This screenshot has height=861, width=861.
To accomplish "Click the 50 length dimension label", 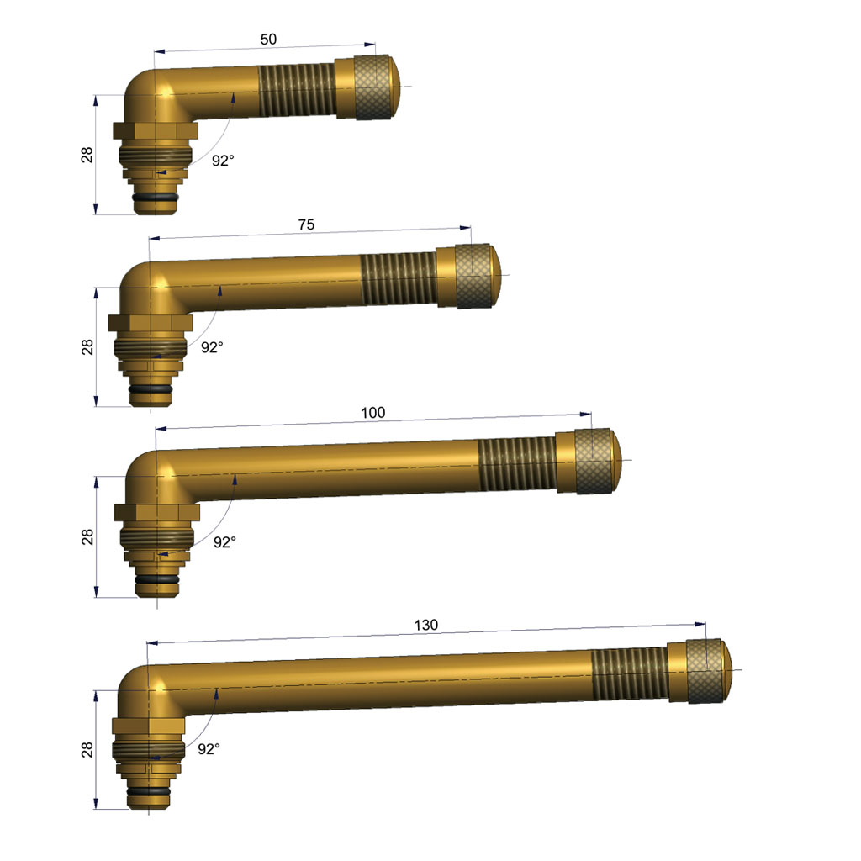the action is tap(268, 39).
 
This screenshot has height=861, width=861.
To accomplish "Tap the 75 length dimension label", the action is tap(306, 224).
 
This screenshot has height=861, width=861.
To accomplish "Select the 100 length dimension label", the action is tap(372, 412).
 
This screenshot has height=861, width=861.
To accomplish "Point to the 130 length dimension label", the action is tap(425, 625).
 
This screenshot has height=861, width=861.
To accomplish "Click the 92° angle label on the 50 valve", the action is tap(223, 161).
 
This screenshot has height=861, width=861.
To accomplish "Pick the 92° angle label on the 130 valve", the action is tap(209, 749).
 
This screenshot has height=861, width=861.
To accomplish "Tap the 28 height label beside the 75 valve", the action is tap(87, 347).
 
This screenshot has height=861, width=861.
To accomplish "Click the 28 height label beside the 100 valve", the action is tap(87, 536).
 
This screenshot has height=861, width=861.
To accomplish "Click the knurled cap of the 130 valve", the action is tap(700, 671).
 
